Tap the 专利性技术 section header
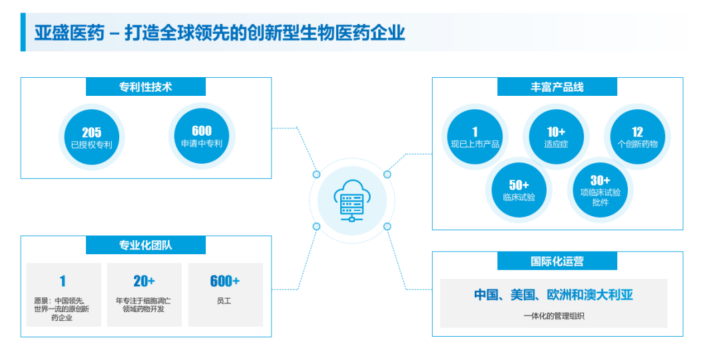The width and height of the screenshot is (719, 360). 146,87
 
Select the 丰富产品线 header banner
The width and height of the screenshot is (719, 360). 557,87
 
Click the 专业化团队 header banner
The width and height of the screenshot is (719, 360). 146,246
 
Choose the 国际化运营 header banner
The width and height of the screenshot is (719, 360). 557,262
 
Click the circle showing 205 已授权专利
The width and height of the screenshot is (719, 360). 91,138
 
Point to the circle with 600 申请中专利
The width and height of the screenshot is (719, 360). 202,136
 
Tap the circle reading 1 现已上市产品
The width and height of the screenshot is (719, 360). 475,137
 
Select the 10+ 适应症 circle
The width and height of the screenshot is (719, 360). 556,137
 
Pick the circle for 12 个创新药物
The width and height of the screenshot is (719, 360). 637,137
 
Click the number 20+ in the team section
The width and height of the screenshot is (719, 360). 144,281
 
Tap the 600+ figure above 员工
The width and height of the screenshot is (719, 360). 225,281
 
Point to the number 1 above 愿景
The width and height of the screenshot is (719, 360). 63,281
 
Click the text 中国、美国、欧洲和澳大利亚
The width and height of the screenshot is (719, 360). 553,295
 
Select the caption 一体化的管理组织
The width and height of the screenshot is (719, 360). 553,316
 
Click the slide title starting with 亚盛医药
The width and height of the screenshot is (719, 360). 219,33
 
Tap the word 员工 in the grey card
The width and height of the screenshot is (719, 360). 224,301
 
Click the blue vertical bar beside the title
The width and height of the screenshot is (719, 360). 23,32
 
